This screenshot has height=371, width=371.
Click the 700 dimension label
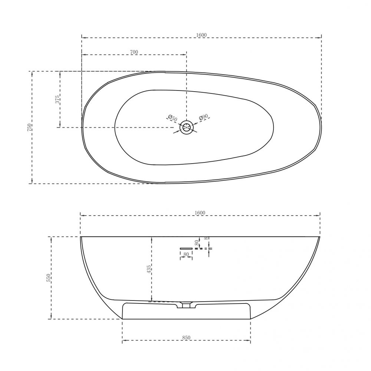(134, 52)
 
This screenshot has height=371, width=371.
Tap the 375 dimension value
(57, 99)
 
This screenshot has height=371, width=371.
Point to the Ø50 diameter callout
(173, 118)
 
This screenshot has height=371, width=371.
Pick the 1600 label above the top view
(201, 35)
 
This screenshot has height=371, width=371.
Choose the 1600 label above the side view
(200, 213)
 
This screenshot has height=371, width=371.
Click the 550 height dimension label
(49, 278)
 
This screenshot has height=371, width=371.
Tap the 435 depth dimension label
(149, 269)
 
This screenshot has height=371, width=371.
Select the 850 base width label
(186, 338)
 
